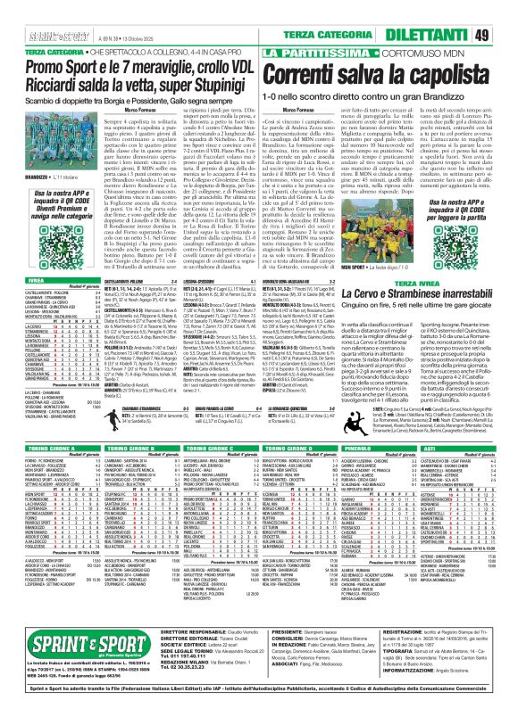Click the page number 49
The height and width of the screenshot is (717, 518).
pyautogui.click(x=504, y=35)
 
